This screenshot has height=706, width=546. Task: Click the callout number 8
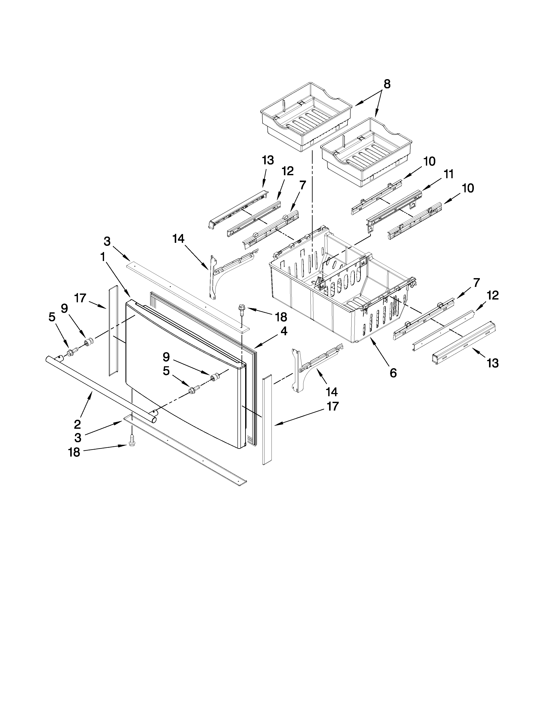387,84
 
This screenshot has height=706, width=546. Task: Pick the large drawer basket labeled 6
340,291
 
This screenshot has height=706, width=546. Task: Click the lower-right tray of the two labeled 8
365,152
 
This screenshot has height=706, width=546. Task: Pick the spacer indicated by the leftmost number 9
89,341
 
